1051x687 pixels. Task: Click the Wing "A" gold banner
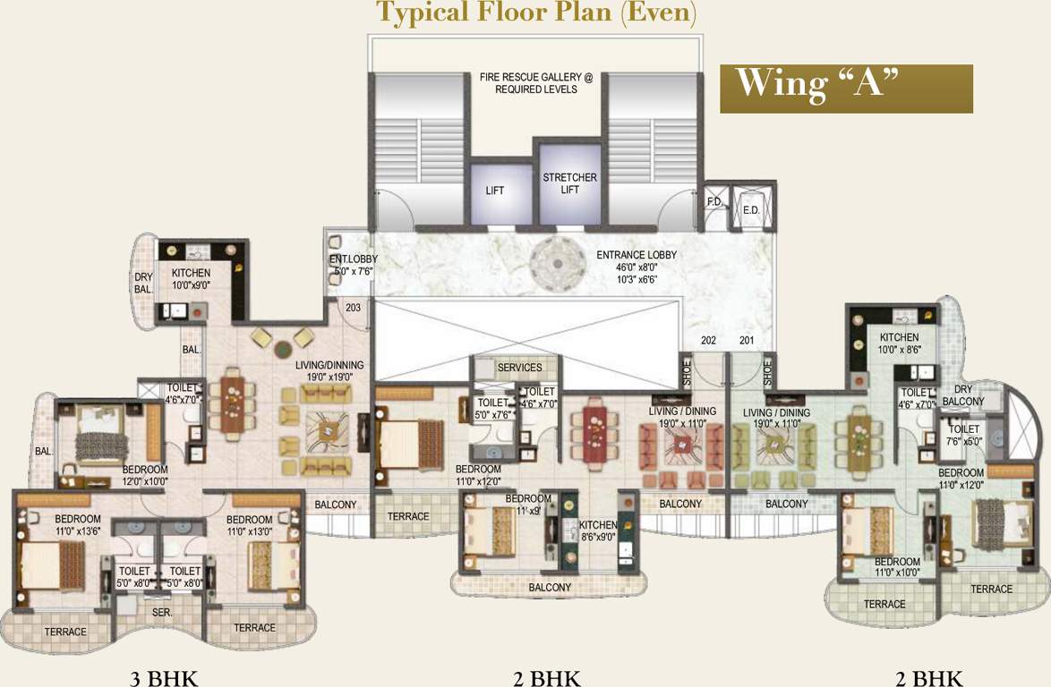(x=846, y=88)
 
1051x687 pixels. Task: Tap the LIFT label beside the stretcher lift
(x=495, y=191)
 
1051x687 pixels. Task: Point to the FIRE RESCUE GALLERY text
(x=536, y=84)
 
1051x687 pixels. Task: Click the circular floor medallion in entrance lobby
(x=553, y=263)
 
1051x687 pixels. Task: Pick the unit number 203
(x=353, y=307)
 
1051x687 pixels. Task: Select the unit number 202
(x=709, y=340)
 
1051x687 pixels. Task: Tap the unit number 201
(x=747, y=340)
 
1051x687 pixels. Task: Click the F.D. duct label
(x=714, y=203)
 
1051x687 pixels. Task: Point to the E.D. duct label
(x=750, y=210)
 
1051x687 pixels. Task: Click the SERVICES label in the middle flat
(x=520, y=368)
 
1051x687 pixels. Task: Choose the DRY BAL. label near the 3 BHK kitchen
(x=144, y=283)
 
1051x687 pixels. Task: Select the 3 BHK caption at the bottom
(x=163, y=677)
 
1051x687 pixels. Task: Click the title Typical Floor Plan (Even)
(x=535, y=13)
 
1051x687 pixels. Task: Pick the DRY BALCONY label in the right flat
(x=962, y=395)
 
